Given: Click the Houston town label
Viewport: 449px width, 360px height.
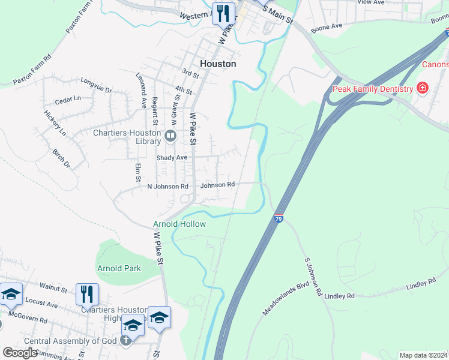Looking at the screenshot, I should (217, 63).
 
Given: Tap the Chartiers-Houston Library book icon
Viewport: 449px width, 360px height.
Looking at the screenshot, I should (170, 137).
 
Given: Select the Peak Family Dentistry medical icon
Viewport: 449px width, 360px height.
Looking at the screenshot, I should (423, 89).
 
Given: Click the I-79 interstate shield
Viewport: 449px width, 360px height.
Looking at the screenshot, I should (279, 218).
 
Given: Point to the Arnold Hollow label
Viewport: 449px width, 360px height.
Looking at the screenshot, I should (179, 224).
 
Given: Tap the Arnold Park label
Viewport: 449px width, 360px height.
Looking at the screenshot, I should (119, 268).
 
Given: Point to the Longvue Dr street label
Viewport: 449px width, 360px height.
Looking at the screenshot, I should (96, 85).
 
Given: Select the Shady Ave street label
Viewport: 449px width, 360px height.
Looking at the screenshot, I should (172, 157).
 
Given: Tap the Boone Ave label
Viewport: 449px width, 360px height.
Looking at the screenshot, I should (327, 27).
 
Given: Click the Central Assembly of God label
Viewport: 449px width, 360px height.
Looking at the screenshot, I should (71, 341).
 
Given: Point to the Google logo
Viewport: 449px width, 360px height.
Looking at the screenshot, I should (20, 353).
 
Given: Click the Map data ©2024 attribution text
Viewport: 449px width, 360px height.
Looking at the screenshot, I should (423, 355).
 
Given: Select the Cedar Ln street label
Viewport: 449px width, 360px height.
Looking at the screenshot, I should (67, 98).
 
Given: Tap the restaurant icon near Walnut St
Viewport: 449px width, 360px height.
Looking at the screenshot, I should (87, 294).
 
